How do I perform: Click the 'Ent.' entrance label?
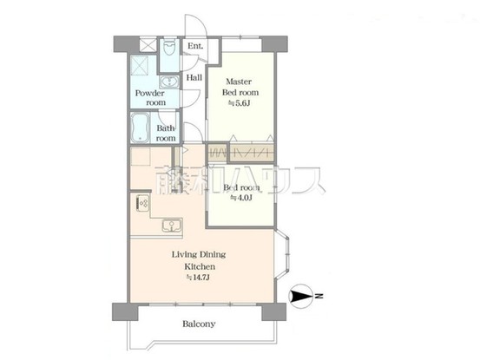[x=195, y=46]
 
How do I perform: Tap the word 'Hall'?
[x=194, y=77]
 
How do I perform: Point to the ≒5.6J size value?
[x=239, y=104]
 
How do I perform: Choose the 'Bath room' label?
[x=166, y=133]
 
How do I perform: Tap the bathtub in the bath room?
[x=140, y=128]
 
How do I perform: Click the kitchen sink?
[x=171, y=227]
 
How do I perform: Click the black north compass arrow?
[x=301, y=298]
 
